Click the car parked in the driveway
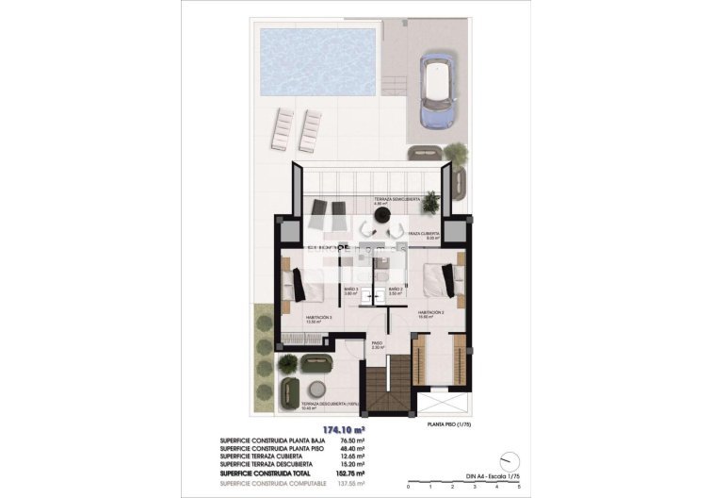[439, 91]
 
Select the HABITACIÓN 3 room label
[319, 319]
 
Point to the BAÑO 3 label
[350, 290]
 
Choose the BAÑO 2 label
[396, 290]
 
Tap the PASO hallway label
[377, 345]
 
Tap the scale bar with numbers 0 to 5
[462, 483]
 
